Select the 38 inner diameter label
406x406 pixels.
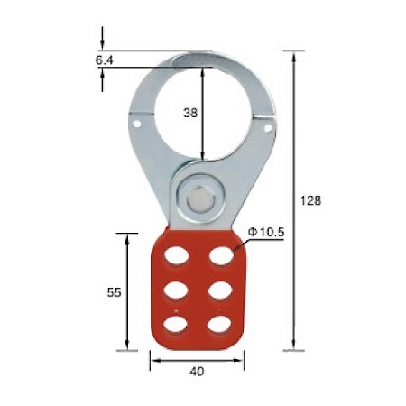pos(189,113)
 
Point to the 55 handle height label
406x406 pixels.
pos(114,291)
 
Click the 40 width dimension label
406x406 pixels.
pos(197,370)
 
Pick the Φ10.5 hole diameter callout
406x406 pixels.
pos(266,233)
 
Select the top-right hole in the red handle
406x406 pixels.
pos(219,256)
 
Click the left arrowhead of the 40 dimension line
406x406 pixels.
pos(152,360)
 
